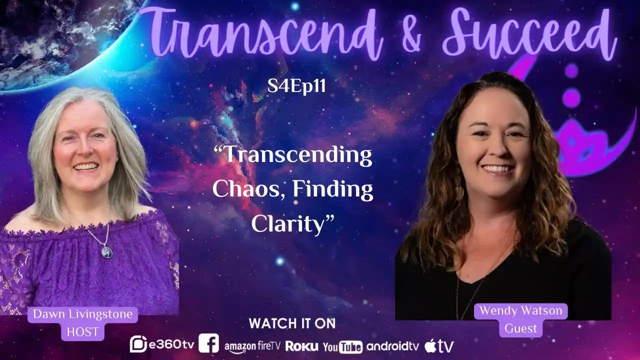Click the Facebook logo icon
pyautogui.click(x=208, y=343)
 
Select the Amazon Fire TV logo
pyautogui.click(x=252, y=345)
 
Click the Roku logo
pyautogui.click(x=302, y=346)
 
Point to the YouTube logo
pyautogui.click(x=342, y=346)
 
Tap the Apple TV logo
pyautogui.click(x=439, y=345)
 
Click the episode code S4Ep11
pyautogui.click(x=297, y=86)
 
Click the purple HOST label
pyautogui.click(x=82, y=331)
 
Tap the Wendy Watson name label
pyautogui.click(x=520, y=311)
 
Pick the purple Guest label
pyautogui.click(x=520, y=328)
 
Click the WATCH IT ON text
pyautogui.click(x=292, y=323)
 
